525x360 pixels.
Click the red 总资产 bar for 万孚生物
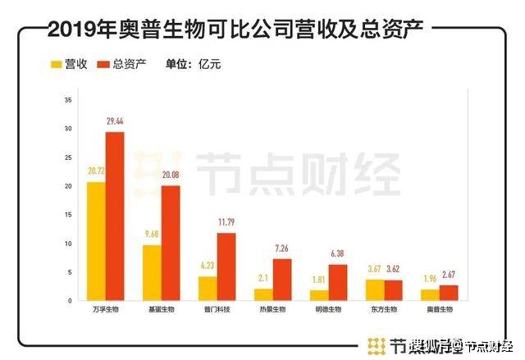116,216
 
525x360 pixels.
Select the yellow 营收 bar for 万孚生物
97,242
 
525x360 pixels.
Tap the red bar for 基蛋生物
170,244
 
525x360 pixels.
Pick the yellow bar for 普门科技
208,289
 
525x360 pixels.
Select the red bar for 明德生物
336,283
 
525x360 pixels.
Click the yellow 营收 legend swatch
57,63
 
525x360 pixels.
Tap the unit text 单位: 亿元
193,63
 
